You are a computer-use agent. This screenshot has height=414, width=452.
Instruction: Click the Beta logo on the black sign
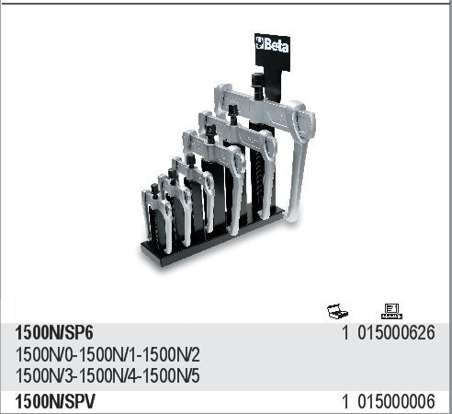coord(272,45)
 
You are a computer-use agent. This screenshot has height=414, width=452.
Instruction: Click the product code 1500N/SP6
coord(54,333)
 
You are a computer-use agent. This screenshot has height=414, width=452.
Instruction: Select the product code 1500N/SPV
coord(55,401)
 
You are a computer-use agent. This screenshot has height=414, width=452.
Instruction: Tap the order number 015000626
coord(396,333)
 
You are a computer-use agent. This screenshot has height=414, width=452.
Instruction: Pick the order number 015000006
coord(396,401)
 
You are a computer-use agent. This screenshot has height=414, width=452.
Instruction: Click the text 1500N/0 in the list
coord(45,355)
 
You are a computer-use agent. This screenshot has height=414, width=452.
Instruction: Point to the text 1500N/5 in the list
coord(172,375)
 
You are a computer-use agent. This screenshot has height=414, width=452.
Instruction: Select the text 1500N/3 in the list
coord(45,375)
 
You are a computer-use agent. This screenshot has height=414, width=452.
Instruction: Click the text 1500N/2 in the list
coord(172,355)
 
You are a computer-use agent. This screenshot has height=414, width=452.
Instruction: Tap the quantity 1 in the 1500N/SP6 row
coord(345,333)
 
